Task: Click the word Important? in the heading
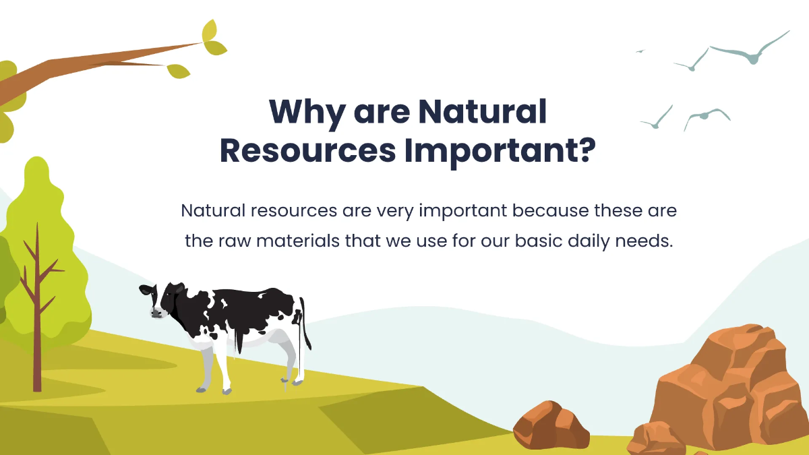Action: click(x=500, y=152)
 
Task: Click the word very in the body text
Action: click(x=395, y=211)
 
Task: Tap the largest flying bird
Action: click(x=748, y=51)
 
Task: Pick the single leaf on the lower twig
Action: click(x=179, y=70)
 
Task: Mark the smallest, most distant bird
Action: click(x=640, y=51)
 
